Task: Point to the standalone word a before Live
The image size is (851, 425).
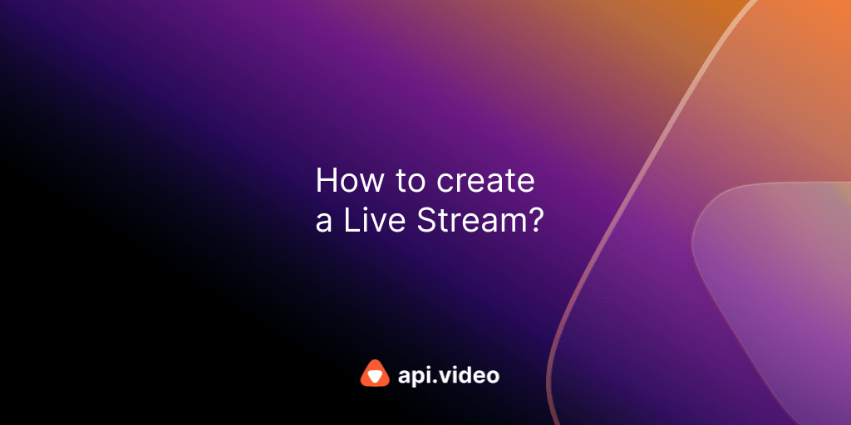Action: pyautogui.click(x=322, y=223)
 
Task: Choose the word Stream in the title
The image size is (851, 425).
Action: pyautogui.click(x=468, y=220)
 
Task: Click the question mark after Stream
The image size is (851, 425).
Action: pyautogui.click(x=535, y=220)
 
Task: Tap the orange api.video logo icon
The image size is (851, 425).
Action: pyautogui.click(x=375, y=374)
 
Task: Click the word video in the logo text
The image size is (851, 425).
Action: pyautogui.click(x=470, y=375)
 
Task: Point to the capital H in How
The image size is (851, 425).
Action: pyautogui.click(x=325, y=181)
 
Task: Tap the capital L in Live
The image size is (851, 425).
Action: pyautogui.click(x=346, y=220)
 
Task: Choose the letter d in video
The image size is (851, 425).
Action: pyautogui.click(x=470, y=375)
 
